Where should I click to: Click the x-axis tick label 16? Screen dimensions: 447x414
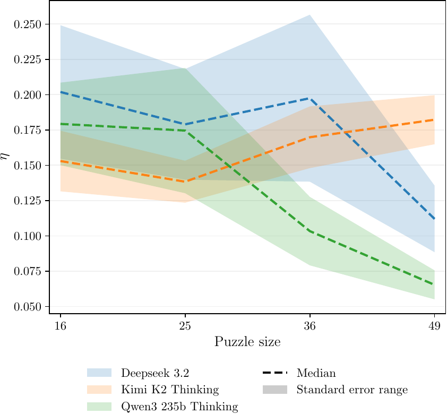point(61,325)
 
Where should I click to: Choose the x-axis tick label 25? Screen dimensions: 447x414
point(185,325)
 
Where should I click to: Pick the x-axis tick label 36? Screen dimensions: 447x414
point(310,325)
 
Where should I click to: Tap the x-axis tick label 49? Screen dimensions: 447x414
point(434,325)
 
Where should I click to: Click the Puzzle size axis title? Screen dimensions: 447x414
point(247,341)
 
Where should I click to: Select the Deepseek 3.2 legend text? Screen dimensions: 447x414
point(154,373)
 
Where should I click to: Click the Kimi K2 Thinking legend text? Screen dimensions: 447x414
point(170,390)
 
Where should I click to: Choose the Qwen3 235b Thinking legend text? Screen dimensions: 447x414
point(179,407)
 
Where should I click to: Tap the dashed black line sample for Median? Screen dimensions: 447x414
point(274,373)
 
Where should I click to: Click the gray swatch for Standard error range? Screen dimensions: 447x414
point(274,390)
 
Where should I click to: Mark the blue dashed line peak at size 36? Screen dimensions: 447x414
point(310,98)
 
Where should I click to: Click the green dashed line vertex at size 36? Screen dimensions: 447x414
point(310,231)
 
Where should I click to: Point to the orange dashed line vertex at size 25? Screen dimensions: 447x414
point(185,182)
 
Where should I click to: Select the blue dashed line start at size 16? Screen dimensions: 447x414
point(61,92)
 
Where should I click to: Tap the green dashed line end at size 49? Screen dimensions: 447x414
point(434,284)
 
